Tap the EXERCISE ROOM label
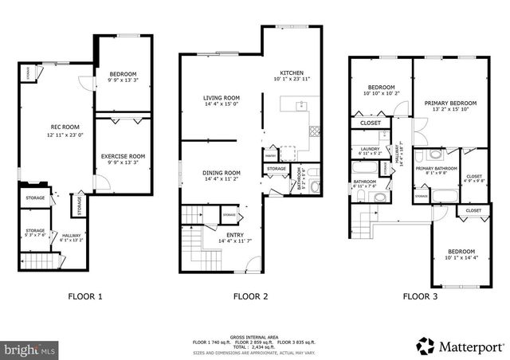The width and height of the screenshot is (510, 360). coord(123,156)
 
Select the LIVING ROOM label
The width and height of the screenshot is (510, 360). coord(222,98)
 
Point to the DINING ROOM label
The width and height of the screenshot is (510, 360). coord(221,173)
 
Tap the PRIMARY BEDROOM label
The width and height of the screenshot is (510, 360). coord(450,104)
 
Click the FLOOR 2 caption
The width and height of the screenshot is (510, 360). coord(250,296)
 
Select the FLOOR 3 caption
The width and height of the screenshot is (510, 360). coord(419,296)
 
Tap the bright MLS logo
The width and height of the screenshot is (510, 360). coord(30,349)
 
